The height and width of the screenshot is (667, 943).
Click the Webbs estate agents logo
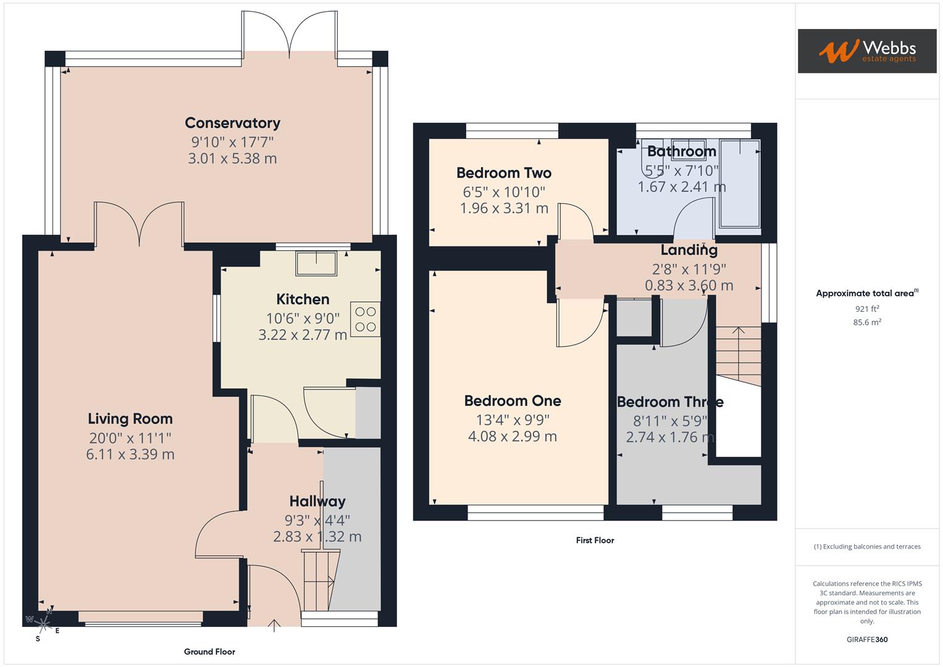pos(866,51)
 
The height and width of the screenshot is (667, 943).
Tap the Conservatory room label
pos(232,123)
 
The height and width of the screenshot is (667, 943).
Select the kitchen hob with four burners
pos(365,319)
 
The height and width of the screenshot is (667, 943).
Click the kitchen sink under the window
pos(316,263)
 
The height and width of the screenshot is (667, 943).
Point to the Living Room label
pos(130,419)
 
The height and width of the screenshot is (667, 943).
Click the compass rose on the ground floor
pos(42,623)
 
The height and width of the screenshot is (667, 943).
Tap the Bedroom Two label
pos(503,173)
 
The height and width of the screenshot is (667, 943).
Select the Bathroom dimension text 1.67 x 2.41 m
pos(681,187)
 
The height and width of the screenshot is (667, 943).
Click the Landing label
pos(689,250)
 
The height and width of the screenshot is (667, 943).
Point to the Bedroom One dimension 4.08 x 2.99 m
pos(512,437)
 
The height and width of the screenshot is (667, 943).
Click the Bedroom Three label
pos(669,402)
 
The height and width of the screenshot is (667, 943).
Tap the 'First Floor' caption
pos(595,540)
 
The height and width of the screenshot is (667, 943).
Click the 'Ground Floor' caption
pos(209,652)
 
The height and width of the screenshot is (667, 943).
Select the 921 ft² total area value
pos(866,309)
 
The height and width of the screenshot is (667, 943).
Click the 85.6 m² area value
pos(866,322)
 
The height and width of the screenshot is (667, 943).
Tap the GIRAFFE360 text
pos(866,639)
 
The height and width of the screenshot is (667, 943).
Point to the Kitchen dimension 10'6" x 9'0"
pos(303,319)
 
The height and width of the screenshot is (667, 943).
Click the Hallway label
pos(317,501)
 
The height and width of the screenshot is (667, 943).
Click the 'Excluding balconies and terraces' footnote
pos(867,547)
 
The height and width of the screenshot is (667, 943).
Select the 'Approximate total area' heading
pos(866,293)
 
